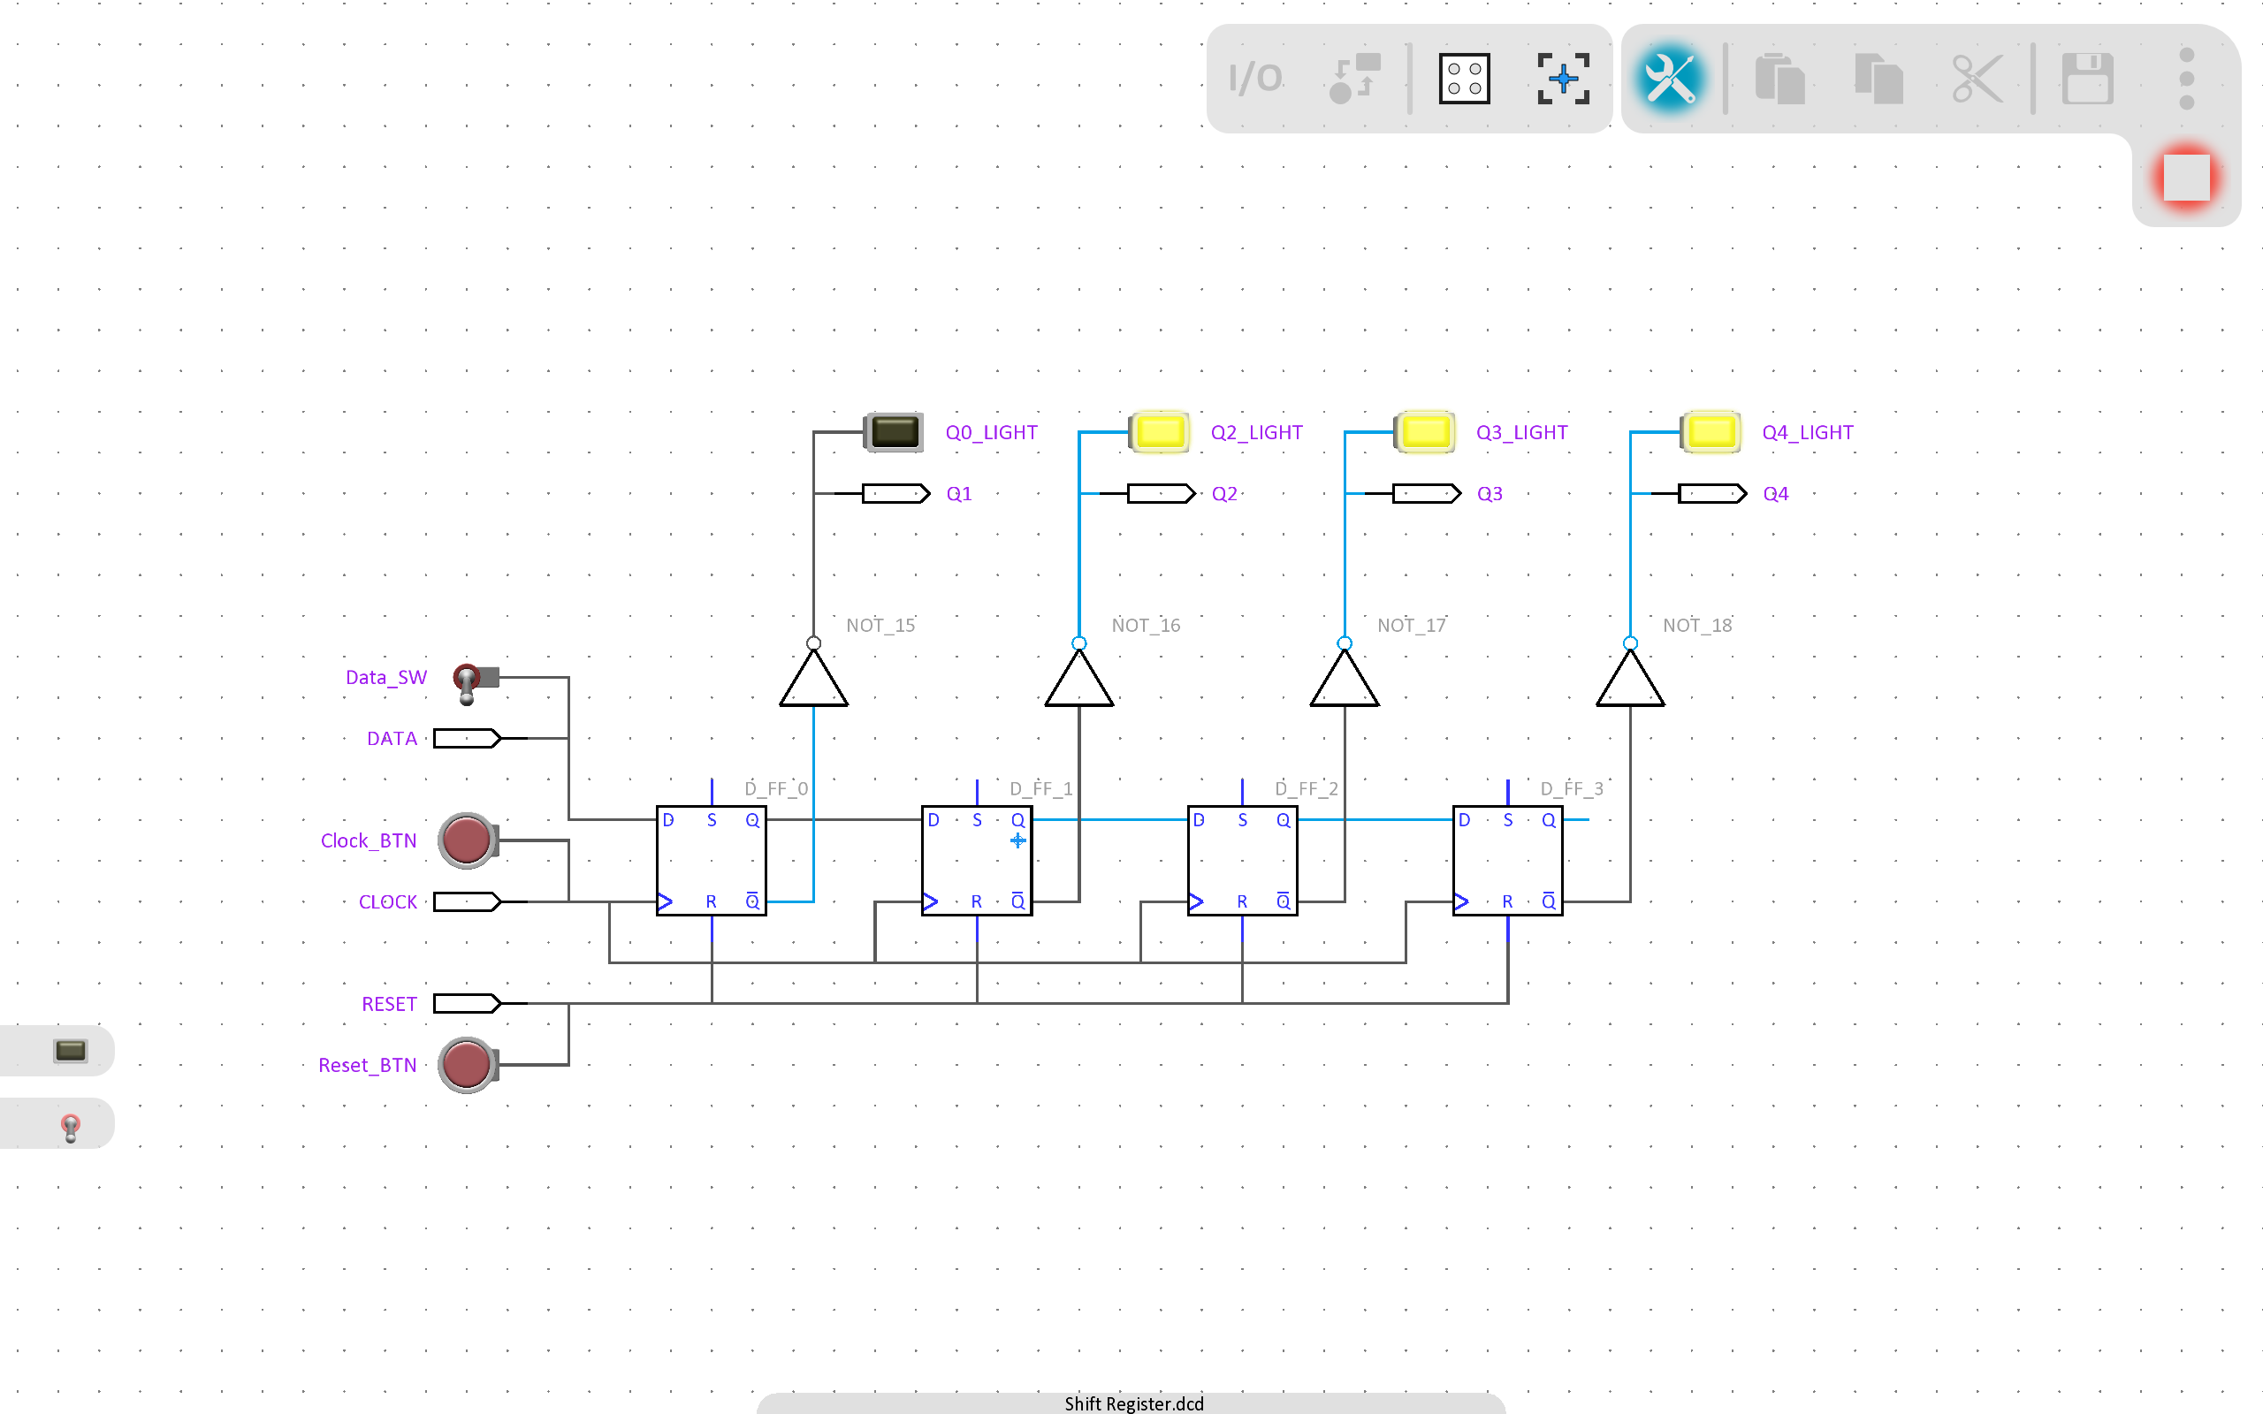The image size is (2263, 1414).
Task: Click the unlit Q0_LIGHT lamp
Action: (x=893, y=432)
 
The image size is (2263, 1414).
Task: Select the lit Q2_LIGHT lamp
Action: (x=1160, y=432)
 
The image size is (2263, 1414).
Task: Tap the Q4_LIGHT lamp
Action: (x=1711, y=432)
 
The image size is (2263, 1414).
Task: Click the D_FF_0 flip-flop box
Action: (x=712, y=861)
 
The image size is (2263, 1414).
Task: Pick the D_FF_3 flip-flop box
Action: (x=1507, y=861)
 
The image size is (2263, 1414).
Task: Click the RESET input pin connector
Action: (x=467, y=1003)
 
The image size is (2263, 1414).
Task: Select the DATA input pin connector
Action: (x=467, y=739)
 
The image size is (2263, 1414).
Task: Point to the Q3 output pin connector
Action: (x=1426, y=494)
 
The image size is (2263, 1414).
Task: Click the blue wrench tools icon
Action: (x=1669, y=79)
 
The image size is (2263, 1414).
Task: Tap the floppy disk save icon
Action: (x=2087, y=79)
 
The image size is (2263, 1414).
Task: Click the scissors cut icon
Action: (x=1977, y=79)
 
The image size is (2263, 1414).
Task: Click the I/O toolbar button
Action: (x=1255, y=79)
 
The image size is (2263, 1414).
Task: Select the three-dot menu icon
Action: (x=2186, y=79)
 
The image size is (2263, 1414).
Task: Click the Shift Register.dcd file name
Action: (x=1133, y=1403)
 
